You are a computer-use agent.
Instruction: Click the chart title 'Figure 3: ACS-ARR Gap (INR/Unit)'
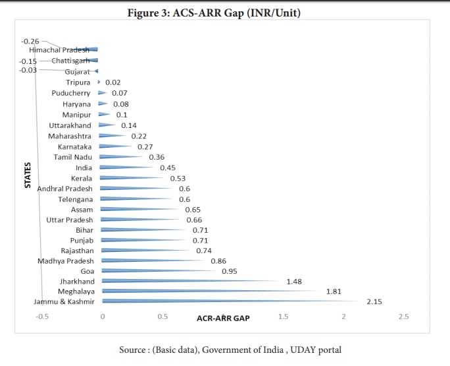[x=224, y=12]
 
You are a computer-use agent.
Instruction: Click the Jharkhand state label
[x=77, y=282]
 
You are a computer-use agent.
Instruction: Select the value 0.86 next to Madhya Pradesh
[x=218, y=261]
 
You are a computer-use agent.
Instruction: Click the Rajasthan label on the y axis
[x=77, y=251]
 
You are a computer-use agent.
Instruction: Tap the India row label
[x=84, y=168]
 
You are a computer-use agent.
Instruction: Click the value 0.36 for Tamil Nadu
[x=157, y=158]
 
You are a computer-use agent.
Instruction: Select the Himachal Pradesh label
[x=59, y=50]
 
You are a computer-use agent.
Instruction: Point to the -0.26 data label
[x=30, y=42]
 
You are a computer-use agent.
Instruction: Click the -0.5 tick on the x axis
[x=42, y=317]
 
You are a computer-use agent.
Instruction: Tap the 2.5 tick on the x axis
[x=403, y=317]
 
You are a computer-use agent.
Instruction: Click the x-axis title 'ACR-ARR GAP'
[x=223, y=318]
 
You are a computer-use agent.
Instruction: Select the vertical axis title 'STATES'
[x=28, y=175]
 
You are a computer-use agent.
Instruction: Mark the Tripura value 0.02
[x=113, y=82]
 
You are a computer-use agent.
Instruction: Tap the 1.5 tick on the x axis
[x=283, y=317]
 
